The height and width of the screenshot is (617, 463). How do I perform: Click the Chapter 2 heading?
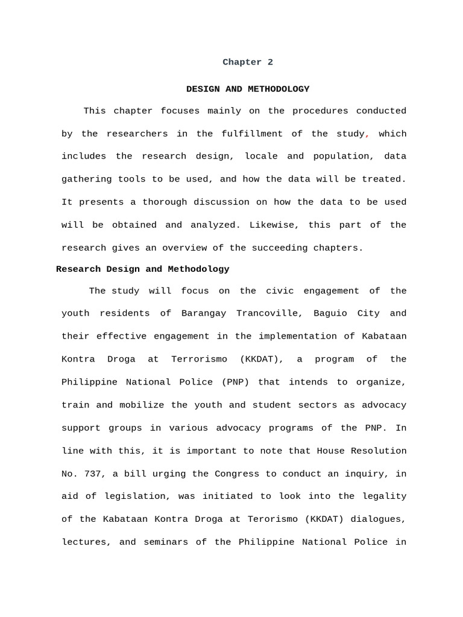[x=247, y=63]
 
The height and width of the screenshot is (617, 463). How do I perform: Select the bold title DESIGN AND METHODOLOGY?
[x=247, y=89]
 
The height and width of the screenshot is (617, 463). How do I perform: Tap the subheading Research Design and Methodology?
[x=142, y=269]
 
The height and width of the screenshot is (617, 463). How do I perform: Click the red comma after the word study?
[x=367, y=135]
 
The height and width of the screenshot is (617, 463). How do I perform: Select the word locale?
[x=261, y=157]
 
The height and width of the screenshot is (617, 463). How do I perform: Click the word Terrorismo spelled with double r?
[x=199, y=360]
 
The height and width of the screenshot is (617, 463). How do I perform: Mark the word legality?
[x=384, y=496]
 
